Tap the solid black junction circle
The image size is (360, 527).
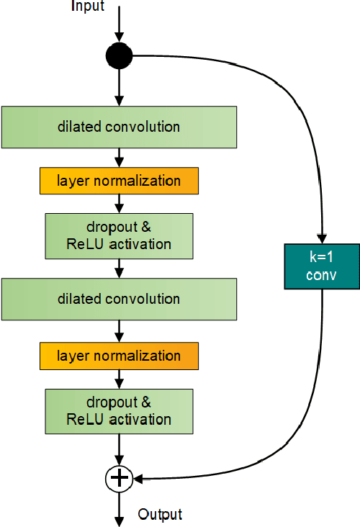pyautogui.click(x=120, y=55)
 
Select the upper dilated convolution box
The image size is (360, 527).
pyautogui.click(x=119, y=127)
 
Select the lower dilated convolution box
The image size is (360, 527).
pyautogui.click(x=119, y=299)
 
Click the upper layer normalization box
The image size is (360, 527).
pyautogui.click(x=119, y=181)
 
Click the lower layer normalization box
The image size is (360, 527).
pyautogui.click(x=119, y=356)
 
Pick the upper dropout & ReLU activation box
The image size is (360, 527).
pyautogui.click(x=119, y=235)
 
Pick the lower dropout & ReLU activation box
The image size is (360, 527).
pyautogui.click(x=119, y=410)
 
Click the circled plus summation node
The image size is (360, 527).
pyautogui.click(x=120, y=477)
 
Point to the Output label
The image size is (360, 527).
pyautogui.click(x=160, y=514)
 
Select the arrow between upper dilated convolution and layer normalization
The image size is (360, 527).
pyautogui.click(x=120, y=158)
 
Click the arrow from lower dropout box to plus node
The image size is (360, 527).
pyautogui.click(x=120, y=449)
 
